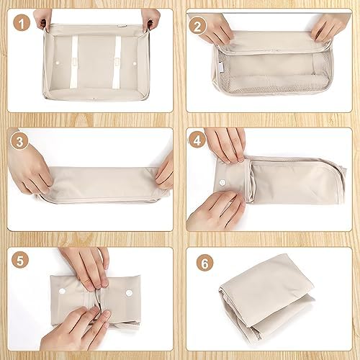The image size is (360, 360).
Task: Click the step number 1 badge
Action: coord(22,23)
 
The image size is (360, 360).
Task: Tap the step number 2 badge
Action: coord(197,26)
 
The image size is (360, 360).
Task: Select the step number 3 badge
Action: coord(19,141)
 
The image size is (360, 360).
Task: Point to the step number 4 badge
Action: coord(197,140)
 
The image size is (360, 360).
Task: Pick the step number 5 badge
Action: coord(20,260)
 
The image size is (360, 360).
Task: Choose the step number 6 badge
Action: coord(204,263)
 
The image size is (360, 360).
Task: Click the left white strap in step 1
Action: coord(74,61)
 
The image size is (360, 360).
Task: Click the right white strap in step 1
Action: coord(117,61)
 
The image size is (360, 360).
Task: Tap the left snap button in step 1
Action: coord(58,63)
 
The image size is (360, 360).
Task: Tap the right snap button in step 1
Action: coord(135,63)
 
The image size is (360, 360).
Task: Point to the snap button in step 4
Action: coord(222,183)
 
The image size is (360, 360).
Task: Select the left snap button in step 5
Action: coord(62,292)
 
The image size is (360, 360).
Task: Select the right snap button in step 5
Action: coord(129,293)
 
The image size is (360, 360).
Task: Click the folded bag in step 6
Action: coord(266,297)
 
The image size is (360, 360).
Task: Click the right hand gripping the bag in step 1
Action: coord(150,19)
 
